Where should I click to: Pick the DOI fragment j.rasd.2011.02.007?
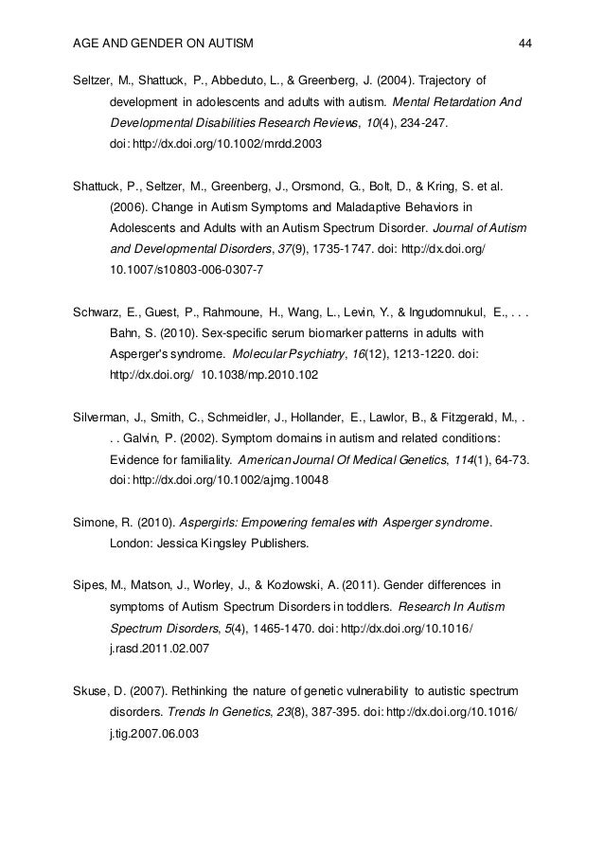click(159, 651)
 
